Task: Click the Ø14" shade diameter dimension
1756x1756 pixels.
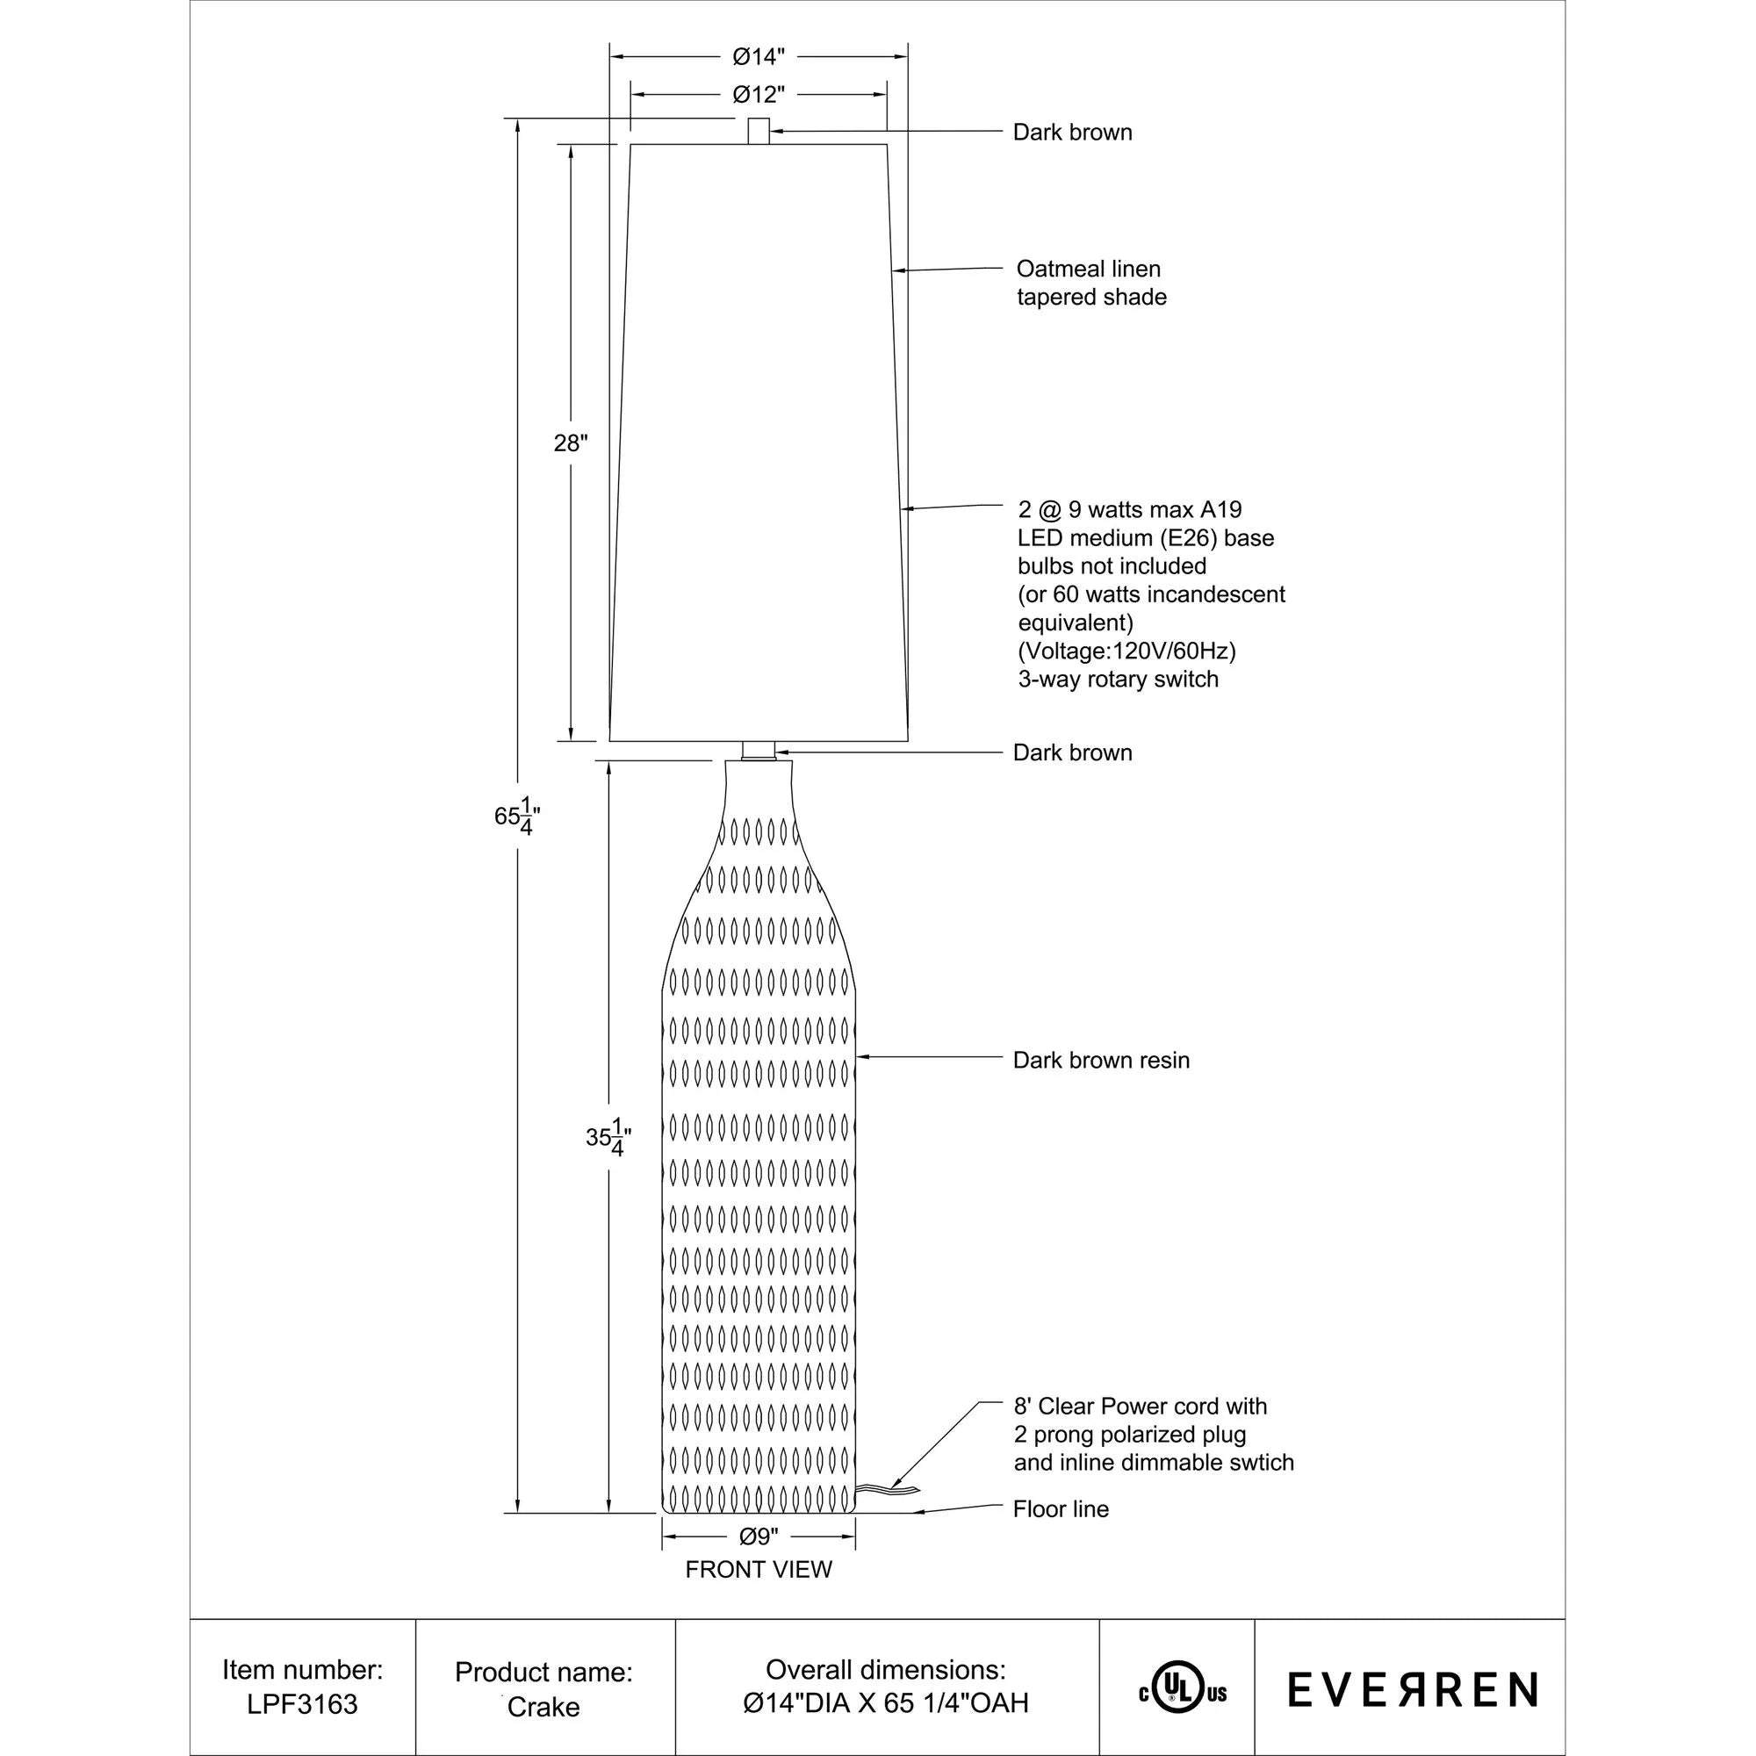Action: click(x=758, y=57)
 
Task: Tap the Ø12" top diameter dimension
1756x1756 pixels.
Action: click(x=758, y=95)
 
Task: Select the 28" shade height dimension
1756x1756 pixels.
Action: click(x=571, y=443)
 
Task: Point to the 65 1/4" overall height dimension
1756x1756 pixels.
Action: click(x=518, y=817)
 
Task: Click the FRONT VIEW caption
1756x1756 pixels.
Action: click(x=758, y=1570)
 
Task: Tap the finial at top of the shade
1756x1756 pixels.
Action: click(x=758, y=131)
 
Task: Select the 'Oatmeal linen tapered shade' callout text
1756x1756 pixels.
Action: click(x=1090, y=283)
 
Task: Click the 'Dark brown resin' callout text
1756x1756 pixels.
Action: click(x=1101, y=1060)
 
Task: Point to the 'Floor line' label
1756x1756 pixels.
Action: click(x=1061, y=1508)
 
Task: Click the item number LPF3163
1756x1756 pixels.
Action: click(x=303, y=1704)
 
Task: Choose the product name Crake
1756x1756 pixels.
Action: click(x=543, y=1707)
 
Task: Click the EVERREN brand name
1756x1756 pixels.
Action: click(x=1413, y=1689)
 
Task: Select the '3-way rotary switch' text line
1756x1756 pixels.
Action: click(x=1118, y=679)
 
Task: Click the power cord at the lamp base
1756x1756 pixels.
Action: click(x=886, y=1488)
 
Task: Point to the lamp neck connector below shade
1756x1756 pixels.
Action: click(x=758, y=751)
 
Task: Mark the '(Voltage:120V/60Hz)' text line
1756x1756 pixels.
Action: click(x=1127, y=651)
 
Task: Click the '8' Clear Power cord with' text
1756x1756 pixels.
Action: click(x=1140, y=1406)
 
